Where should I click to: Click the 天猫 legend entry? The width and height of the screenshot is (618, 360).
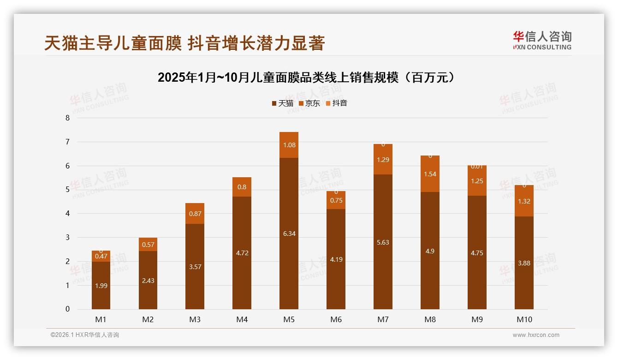click(283, 103)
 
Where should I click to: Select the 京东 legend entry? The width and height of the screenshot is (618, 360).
click(309, 103)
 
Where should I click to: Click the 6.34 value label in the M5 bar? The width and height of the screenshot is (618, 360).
click(289, 234)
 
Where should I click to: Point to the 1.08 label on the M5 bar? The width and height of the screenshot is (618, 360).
click(289, 145)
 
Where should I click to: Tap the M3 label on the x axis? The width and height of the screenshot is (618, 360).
click(195, 319)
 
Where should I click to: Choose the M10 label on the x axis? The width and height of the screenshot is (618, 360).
click(524, 319)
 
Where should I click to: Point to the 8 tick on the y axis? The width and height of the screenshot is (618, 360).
click(67, 118)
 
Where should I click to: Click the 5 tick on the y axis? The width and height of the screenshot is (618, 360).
click(67, 190)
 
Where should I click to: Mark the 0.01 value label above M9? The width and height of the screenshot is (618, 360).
click(477, 166)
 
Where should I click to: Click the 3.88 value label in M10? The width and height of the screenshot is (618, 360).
click(524, 263)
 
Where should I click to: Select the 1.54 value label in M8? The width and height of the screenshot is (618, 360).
click(430, 174)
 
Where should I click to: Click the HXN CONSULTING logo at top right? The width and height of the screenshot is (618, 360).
click(542, 40)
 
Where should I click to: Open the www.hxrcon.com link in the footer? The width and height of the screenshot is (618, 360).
click(535, 335)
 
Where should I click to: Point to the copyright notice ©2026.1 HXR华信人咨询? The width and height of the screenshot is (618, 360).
click(84, 335)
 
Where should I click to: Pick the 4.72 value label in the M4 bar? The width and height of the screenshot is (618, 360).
click(242, 253)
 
